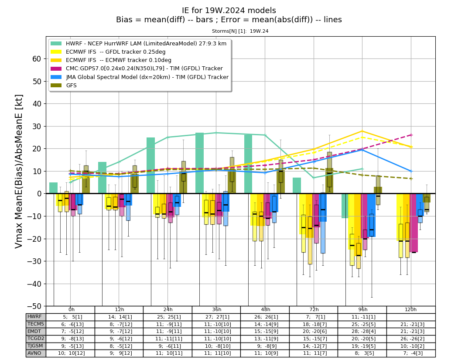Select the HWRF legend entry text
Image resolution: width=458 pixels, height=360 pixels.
coord(146,44)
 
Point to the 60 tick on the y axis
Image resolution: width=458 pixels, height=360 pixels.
coord(37,59)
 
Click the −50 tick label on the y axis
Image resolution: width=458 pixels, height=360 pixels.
coord(34,306)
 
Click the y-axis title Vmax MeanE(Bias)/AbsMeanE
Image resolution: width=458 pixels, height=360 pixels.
coord(19,171)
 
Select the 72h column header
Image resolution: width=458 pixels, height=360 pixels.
coord(314,309)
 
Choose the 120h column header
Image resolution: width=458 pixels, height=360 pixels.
coord(411,309)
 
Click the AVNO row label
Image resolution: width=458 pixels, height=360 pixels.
coord(34,353)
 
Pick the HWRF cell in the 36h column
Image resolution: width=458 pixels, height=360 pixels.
coord(216,317)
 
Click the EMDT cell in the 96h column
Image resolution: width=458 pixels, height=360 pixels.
coord(362,331)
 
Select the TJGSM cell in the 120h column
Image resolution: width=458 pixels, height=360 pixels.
coord(411,346)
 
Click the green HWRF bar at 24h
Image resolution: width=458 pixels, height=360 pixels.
coord(151,165)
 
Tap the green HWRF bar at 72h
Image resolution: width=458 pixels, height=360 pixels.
coord(297,185)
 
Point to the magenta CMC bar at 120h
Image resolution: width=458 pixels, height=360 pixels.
coord(414,223)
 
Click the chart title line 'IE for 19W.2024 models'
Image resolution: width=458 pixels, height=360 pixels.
coord(229,10)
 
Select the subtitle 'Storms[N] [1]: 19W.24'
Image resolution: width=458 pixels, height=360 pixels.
coord(240,31)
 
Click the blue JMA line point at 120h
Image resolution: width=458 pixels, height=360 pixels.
coord(411,171)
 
